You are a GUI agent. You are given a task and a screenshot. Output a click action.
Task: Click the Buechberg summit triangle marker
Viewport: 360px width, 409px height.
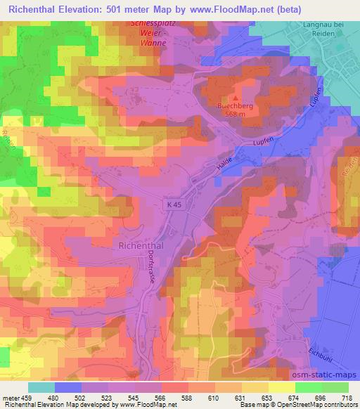(x=236, y=98)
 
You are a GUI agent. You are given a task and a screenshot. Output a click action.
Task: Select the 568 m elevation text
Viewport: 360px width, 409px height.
(x=236, y=117)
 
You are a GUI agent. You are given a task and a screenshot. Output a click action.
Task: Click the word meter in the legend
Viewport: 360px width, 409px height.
(x=11, y=398)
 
